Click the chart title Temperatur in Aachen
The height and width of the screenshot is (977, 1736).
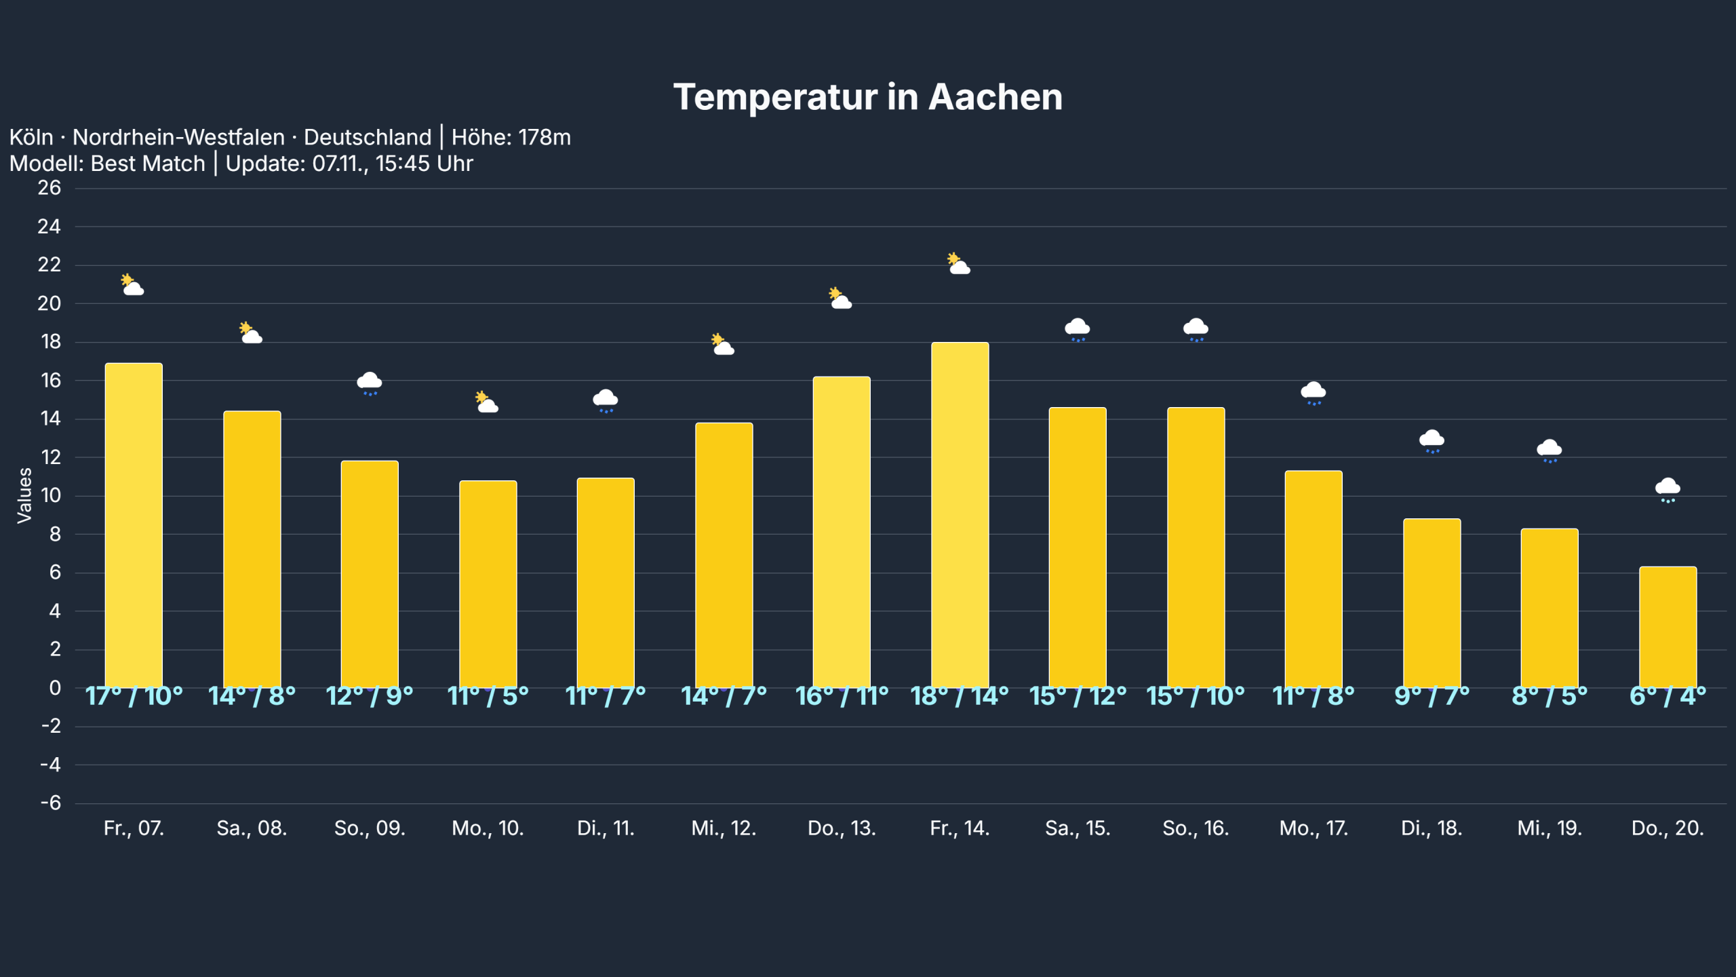(x=867, y=97)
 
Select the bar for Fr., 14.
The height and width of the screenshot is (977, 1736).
(x=960, y=516)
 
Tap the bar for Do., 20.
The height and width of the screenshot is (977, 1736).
(x=1668, y=628)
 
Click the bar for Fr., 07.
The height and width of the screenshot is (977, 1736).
(x=134, y=526)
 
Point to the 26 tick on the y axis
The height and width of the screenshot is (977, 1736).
(x=49, y=188)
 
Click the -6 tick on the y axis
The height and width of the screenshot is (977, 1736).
(x=50, y=803)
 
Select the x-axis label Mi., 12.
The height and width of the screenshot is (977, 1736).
(x=724, y=828)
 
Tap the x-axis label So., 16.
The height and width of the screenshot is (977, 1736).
(x=1196, y=828)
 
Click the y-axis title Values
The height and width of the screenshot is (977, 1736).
(x=24, y=495)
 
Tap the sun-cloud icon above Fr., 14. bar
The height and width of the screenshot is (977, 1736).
(x=958, y=263)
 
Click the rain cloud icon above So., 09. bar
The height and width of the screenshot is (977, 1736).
(x=370, y=383)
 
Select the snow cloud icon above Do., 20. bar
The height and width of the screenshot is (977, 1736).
(x=1668, y=490)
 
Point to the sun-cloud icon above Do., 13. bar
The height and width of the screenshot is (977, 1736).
(x=840, y=299)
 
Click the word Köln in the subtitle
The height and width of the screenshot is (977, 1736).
(x=31, y=138)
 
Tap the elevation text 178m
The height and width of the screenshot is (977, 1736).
(x=545, y=138)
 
